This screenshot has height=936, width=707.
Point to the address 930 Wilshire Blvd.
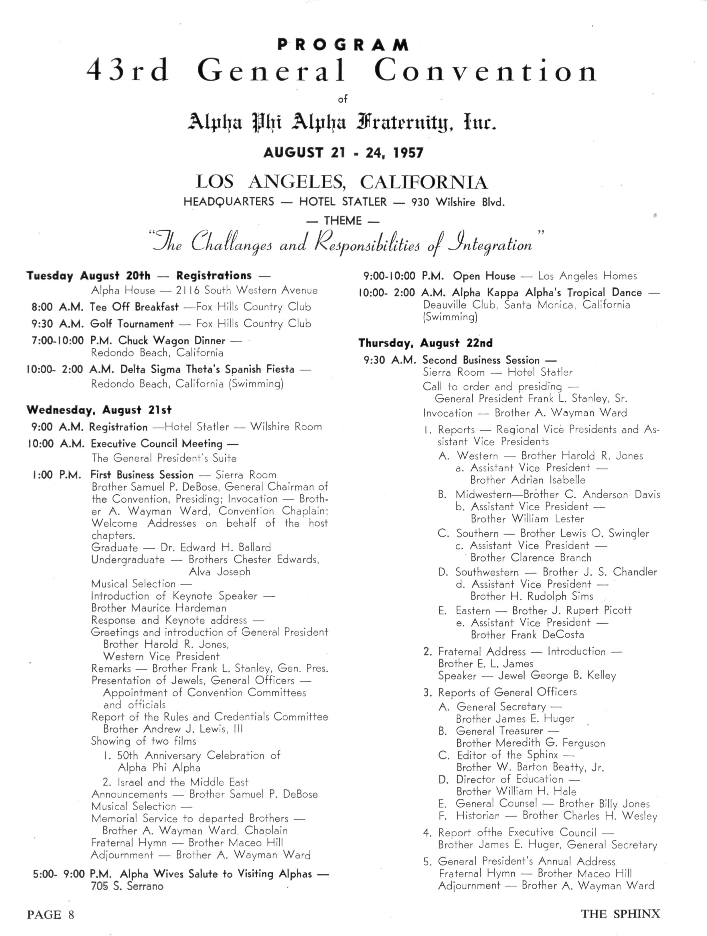[x=458, y=202]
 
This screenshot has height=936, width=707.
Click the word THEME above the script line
[x=343, y=221]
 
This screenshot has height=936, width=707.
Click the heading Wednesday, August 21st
[x=99, y=410]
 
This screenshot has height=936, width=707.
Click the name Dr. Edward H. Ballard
[x=216, y=548]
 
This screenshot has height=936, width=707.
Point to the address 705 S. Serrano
[x=127, y=886]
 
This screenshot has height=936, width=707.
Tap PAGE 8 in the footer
[x=50, y=915]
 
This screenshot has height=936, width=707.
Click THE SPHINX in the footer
[x=620, y=914]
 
